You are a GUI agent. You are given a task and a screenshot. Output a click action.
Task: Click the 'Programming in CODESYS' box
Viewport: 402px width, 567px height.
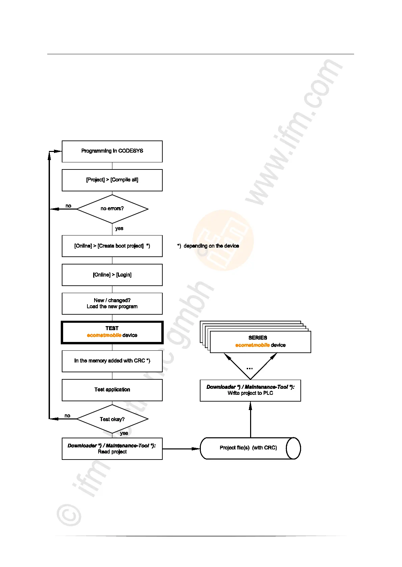pyautogui.click(x=112, y=151)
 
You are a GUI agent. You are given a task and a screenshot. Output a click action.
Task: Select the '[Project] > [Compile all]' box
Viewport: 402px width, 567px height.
pyautogui.click(x=112, y=180)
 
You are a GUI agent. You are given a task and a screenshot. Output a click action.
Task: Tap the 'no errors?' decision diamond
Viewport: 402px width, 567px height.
pyautogui.click(x=112, y=209)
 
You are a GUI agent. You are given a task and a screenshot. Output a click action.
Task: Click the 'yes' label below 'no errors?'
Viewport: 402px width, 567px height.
pyautogui.click(x=119, y=228)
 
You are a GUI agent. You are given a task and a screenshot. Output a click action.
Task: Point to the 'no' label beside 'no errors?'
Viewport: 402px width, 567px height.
pyautogui.click(x=68, y=206)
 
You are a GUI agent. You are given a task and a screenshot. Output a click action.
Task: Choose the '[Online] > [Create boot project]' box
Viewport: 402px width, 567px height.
pyautogui.click(x=112, y=246)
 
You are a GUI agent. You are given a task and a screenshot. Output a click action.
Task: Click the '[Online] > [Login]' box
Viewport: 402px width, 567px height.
pyautogui.click(x=112, y=275)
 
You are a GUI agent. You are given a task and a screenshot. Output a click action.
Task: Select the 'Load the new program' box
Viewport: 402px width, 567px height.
pyautogui.click(x=112, y=304)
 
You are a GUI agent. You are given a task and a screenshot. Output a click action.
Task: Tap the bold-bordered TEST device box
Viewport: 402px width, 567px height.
pyautogui.click(x=112, y=332)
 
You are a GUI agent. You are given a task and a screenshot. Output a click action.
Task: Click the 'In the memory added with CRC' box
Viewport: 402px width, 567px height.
pyautogui.click(x=112, y=361)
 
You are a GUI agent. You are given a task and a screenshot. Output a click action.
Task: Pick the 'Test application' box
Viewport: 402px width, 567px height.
pyautogui.click(x=112, y=390)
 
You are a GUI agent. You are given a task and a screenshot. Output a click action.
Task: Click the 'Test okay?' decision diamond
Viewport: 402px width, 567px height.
pyautogui.click(x=112, y=419)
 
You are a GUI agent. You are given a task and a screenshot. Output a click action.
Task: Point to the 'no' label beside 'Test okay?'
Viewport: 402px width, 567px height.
pyautogui.click(x=68, y=416)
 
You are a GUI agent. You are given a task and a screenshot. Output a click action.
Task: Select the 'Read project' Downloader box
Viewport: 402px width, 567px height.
pyautogui.click(x=112, y=449)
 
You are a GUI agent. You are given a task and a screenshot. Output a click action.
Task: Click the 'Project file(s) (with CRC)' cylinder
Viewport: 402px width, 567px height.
pyautogui.click(x=248, y=448)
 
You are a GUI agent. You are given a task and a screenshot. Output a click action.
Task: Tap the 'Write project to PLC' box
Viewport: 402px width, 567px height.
pyautogui.click(x=250, y=390)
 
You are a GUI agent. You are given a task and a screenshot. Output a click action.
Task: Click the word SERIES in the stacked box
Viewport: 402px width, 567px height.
pyautogui.click(x=258, y=338)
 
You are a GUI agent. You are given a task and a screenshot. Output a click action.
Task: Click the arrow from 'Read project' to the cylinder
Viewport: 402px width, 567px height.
pyautogui.click(x=181, y=449)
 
